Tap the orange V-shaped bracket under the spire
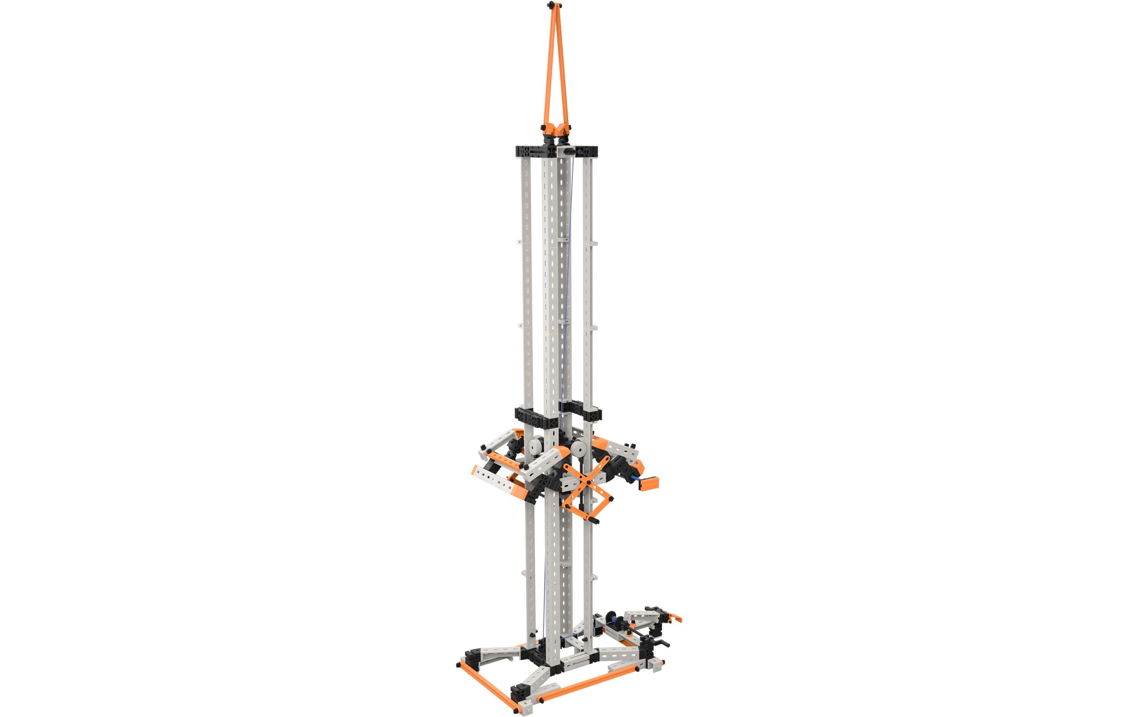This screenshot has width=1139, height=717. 556,129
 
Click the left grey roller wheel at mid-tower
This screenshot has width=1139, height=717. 536,446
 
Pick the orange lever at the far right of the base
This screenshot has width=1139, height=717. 675,617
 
